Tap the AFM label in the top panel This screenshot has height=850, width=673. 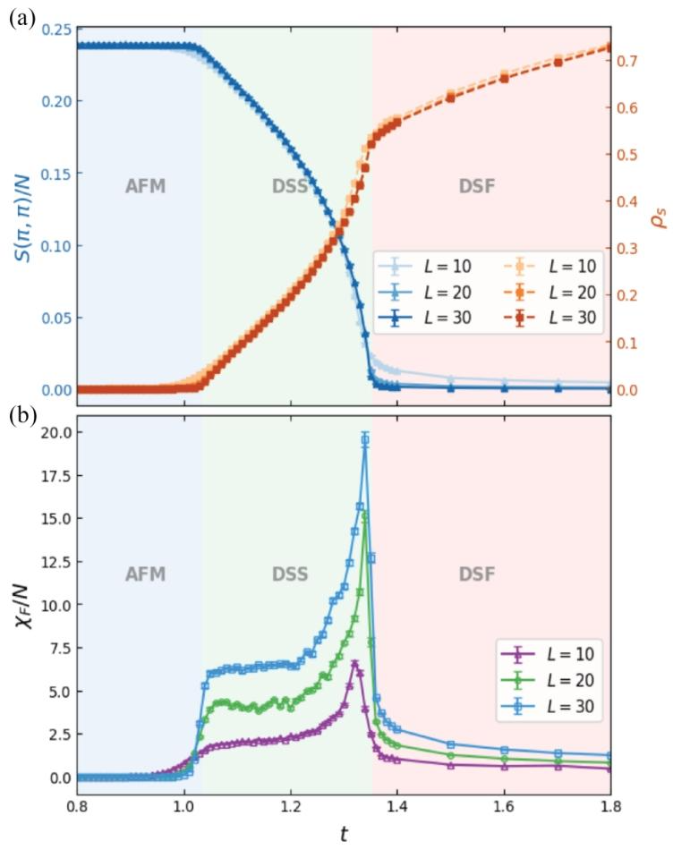[x=145, y=186]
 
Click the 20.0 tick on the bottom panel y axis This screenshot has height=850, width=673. [x=52, y=432]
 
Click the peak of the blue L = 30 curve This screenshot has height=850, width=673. [x=365, y=438]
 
